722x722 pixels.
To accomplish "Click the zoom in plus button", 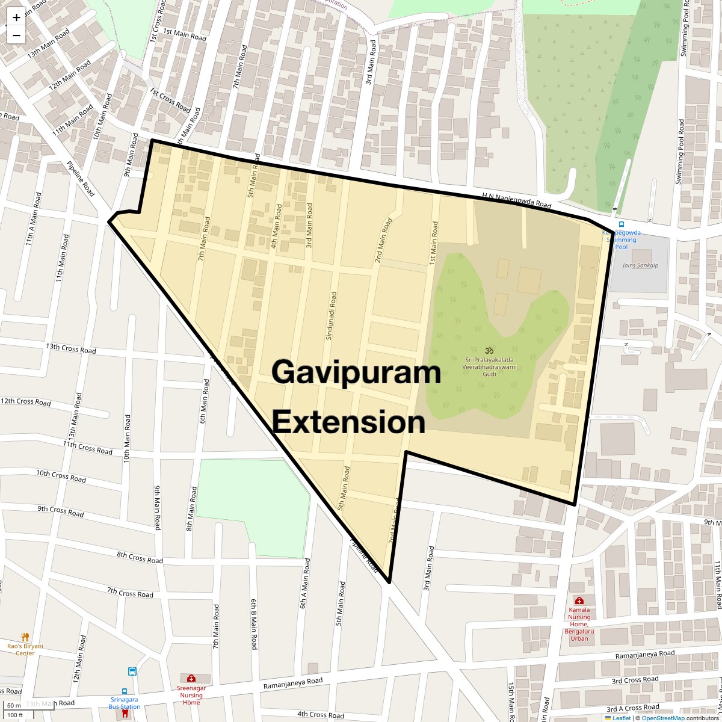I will (16, 17).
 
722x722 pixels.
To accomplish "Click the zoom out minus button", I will (16, 35).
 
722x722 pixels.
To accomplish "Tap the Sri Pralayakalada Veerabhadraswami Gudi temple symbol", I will (489, 350).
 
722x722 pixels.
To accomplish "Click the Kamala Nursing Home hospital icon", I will (579, 600).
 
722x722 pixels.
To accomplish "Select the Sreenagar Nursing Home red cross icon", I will (191, 678).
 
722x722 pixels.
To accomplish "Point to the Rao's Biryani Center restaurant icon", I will (25, 637).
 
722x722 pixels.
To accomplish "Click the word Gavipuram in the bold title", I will (356, 372).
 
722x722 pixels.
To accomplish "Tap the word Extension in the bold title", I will (349, 422).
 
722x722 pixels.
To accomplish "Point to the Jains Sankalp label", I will (640, 265).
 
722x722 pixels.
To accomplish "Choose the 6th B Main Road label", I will (254, 624).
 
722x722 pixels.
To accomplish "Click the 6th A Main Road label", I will (306, 584).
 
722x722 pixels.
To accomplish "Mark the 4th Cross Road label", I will (321, 715).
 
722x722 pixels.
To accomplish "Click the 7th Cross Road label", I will (130, 593).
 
